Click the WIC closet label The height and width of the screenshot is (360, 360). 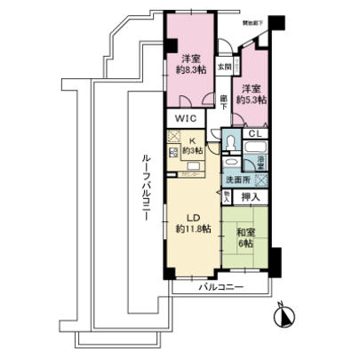click(184, 118)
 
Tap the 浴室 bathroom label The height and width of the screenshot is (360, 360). click(260, 162)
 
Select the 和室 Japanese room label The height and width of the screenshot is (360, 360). click(244, 236)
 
